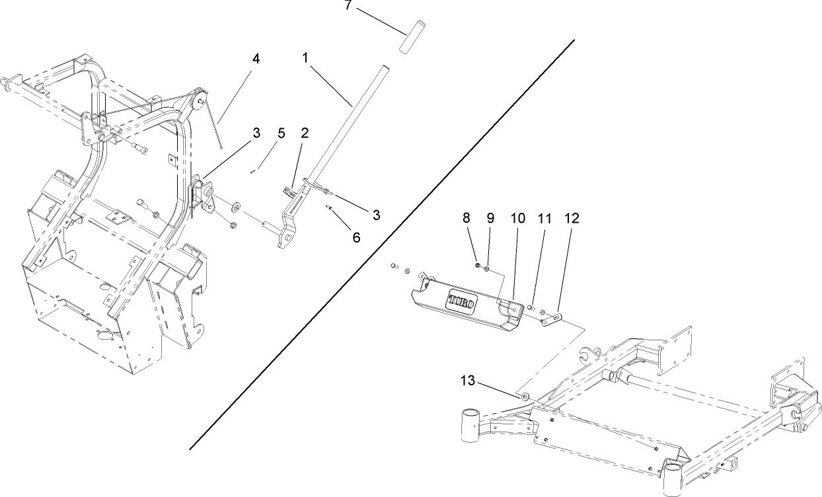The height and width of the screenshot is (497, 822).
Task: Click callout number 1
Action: [305, 58]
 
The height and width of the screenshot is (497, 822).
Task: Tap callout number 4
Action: [256, 58]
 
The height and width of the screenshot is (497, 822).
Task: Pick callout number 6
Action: [356, 237]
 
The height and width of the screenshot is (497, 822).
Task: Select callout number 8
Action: [466, 218]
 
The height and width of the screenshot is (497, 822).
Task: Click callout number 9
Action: [490, 218]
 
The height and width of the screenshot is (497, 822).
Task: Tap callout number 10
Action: [517, 218]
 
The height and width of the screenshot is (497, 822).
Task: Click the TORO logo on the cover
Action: [466, 299]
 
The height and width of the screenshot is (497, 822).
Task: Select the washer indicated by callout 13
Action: [524, 397]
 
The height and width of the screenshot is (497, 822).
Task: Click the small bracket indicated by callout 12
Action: [550, 321]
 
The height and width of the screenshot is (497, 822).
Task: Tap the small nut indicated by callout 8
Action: [478, 265]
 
